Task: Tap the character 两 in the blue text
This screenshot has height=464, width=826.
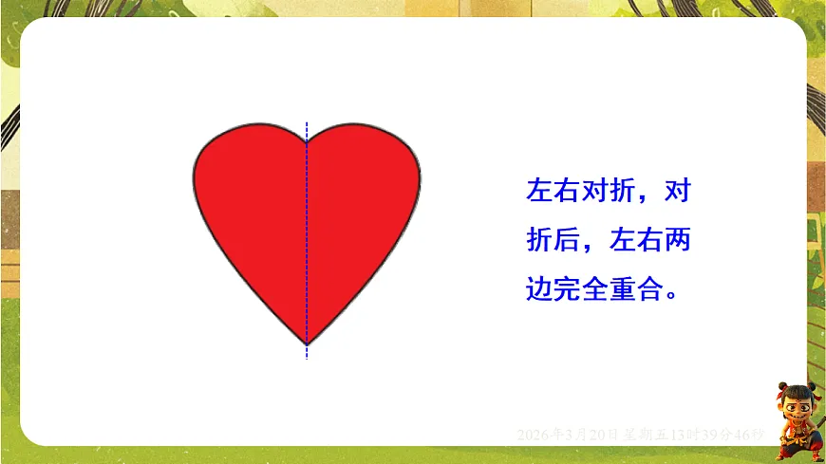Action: point(677,240)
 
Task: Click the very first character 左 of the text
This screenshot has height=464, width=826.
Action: point(538,192)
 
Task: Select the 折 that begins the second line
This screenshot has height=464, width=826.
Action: point(538,240)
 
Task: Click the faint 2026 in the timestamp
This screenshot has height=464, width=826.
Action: point(533,435)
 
